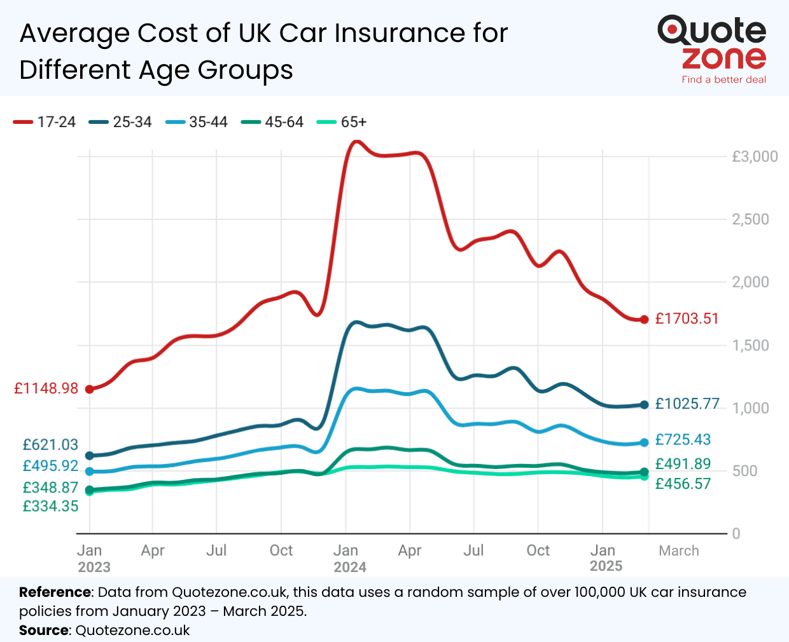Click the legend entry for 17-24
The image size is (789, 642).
(45, 122)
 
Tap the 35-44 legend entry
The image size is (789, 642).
(197, 122)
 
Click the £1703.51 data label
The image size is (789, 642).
(687, 318)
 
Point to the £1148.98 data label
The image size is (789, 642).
(46, 388)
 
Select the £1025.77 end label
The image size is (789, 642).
(687, 404)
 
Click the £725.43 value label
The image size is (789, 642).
(683, 439)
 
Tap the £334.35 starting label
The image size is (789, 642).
(50, 507)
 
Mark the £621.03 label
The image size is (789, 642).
(50, 445)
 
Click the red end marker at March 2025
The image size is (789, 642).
(644, 320)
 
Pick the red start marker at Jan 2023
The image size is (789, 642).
(90, 389)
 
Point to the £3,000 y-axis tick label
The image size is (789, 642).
(755, 156)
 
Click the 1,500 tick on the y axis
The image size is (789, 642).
(750, 345)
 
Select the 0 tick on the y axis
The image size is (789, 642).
(736, 534)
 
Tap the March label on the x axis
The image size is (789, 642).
(678, 550)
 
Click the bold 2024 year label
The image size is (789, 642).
(350, 567)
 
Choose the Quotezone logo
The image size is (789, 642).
(712, 43)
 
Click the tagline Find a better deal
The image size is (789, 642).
(723, 79)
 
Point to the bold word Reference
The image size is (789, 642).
(55, 592)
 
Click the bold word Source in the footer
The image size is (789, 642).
(44, 631)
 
